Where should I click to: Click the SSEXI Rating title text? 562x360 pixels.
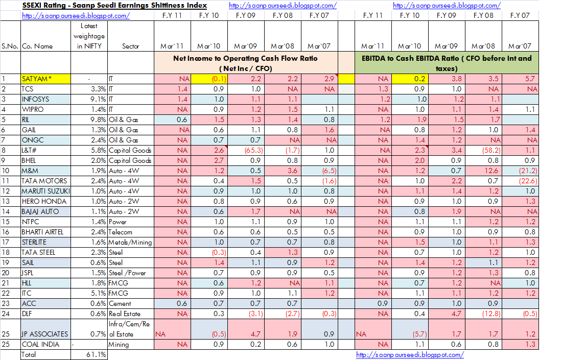click(114, 6)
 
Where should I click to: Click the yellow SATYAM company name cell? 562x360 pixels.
click(46, 79)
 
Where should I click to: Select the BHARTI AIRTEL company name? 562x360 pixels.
click(42, 232)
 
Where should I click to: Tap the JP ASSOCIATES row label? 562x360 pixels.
click(45, 334)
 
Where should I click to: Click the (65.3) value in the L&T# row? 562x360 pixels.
click(254, 151)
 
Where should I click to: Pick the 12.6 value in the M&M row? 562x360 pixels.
click(491, 171)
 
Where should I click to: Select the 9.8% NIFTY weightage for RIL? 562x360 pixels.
click(98, 119)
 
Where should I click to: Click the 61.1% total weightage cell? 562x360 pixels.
click(96, 354)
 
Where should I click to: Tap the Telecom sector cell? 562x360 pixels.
click(121, 232)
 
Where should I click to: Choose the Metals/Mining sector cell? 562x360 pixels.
click(130, 243)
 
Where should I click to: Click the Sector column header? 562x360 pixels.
click(130, 46)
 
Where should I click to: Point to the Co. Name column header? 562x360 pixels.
click(37, 46)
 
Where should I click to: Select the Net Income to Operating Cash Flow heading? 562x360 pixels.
click(246, 63)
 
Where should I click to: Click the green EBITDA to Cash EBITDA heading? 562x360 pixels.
click(447, 63)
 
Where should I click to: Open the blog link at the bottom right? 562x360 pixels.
click(410, 354)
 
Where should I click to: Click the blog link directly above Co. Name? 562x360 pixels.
click(76, 16)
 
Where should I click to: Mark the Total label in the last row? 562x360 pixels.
click(28, 354)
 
